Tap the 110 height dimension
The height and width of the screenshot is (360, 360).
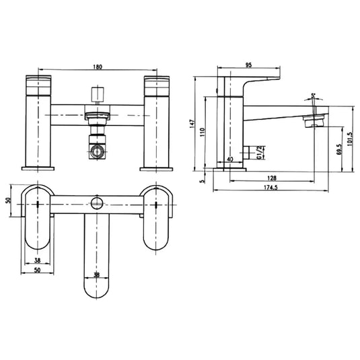pyautogui.click(x=209, y=133)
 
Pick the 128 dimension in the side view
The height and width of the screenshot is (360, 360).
pyautogui.click(x=271, y=178)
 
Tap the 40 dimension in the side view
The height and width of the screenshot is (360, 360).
pyautogui.click(x=230, y=159)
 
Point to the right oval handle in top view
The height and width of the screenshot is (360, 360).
pyautogui.click(x=157, y=217)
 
